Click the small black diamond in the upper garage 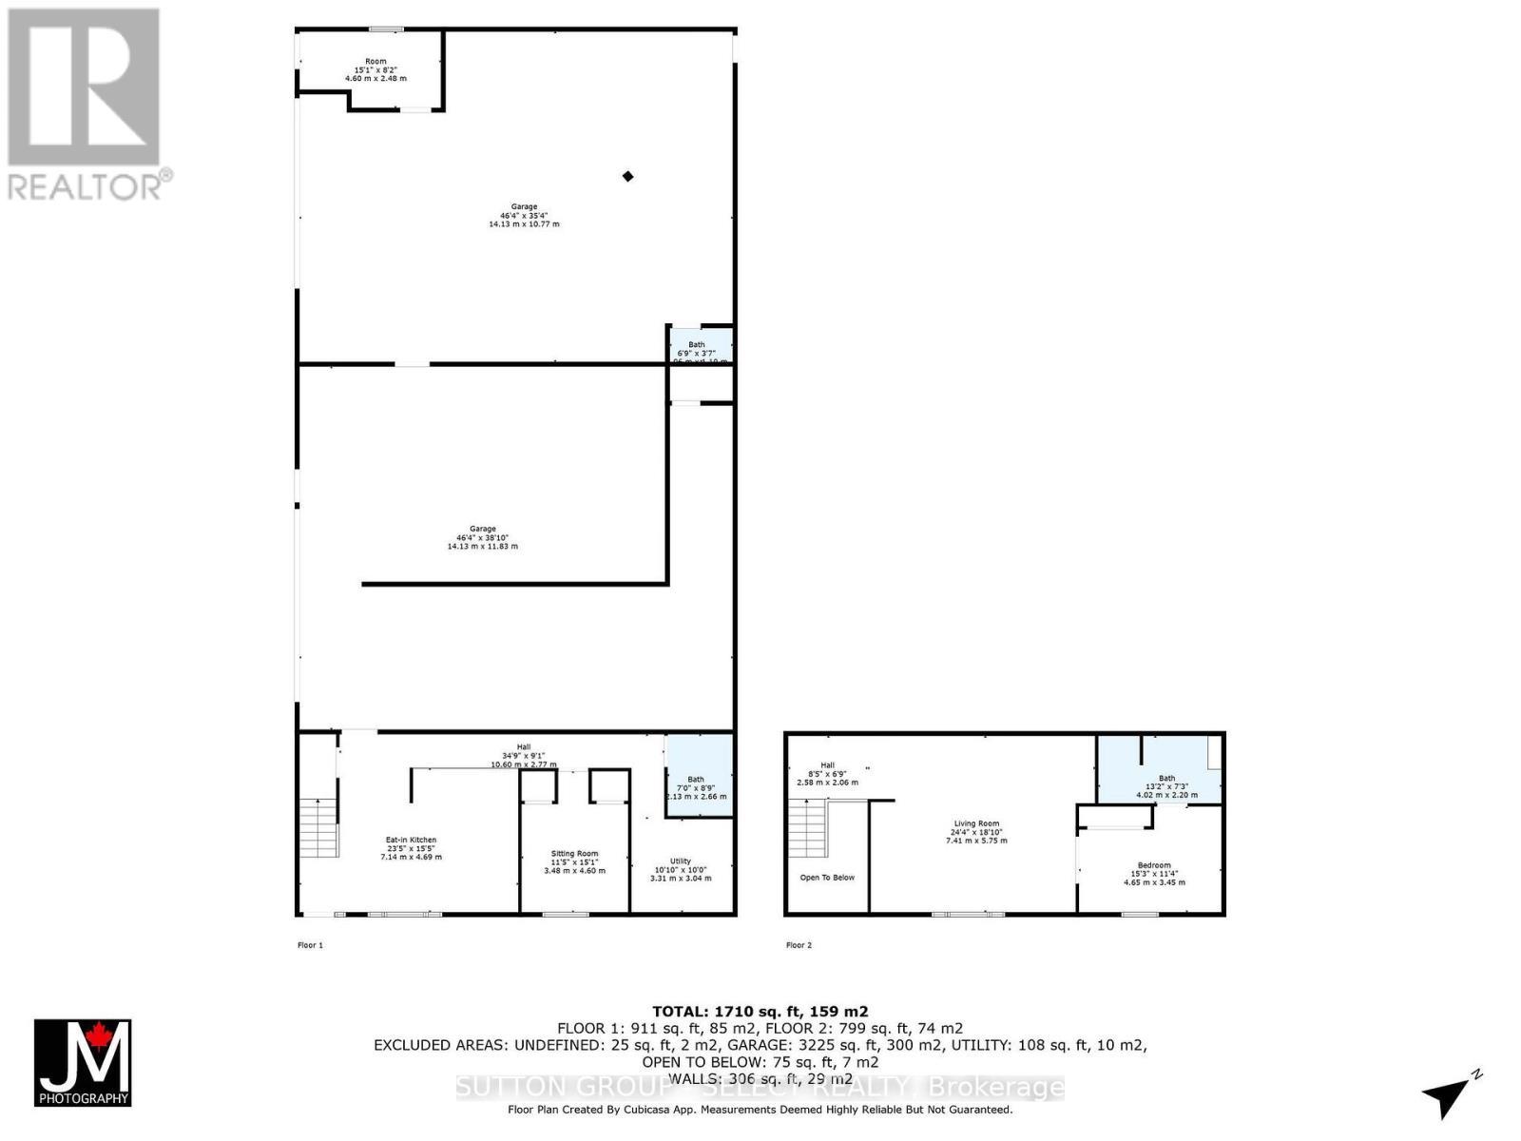pyautogui.click(x=627, y=176)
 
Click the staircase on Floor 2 pyautogui.click(x=808, y=828)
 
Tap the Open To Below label pyautogui.click(x=827, y=878)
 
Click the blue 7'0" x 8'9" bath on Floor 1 pyautogui.click(x=699, y=776)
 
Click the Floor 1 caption pyautogui.click(x=310, y=945)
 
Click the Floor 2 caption pyautogui.click(x=799, y=945)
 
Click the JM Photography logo pyautogui.click(x=83, y=1063)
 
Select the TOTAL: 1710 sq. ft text pyautogui.click(x=760, y=1012)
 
